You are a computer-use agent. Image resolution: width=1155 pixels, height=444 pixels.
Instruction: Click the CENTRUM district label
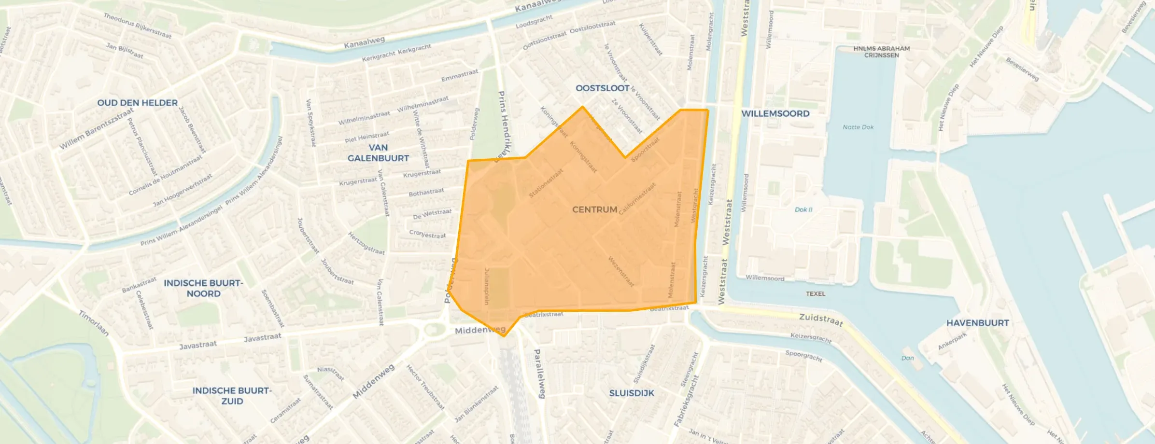[x=594, y=209]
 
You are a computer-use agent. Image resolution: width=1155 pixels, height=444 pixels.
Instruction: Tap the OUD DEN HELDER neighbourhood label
[x=138, y=103]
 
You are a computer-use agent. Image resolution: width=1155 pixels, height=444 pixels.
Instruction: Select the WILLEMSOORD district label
[x=775, y=113]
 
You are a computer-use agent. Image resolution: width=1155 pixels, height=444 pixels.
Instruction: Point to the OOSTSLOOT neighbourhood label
[x=603, y=88]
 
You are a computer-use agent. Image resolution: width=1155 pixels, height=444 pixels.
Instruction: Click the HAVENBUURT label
[x=977, y=323]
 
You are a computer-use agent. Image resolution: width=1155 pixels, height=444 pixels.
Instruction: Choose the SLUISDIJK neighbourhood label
[x=632, y=393]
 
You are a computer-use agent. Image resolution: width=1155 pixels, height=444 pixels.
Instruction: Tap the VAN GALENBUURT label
[x=378, y=153]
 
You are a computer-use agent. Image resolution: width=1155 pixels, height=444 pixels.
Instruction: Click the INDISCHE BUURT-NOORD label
[x=203, y=288]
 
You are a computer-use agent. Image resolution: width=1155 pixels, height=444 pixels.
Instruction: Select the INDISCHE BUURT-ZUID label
[x=232, y=396]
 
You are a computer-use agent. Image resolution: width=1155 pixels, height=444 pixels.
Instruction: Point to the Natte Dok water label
[x=858, y=127]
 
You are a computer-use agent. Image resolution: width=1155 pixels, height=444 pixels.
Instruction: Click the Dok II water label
[x=803, y=209]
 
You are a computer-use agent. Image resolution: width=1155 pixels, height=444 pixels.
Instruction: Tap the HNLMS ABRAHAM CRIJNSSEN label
[x=881, y=52]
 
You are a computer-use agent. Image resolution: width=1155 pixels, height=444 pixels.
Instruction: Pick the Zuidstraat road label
[x=821, y=319]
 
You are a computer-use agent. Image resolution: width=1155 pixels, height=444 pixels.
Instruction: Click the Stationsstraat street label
[x=546, y=183]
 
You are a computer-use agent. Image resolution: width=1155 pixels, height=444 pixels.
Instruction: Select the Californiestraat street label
[x=637, y=198]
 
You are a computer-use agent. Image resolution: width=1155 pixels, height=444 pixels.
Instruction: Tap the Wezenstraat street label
[x=621, y=271]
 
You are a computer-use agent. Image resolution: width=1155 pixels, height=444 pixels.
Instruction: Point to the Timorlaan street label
[x=94, y=323]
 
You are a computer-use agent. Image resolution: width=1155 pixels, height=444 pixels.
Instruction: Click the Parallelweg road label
[x=539, y=373]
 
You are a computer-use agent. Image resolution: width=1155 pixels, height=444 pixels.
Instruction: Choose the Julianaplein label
[x=487, y=286]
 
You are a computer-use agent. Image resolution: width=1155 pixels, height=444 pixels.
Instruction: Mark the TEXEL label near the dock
[x=816, y=293]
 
